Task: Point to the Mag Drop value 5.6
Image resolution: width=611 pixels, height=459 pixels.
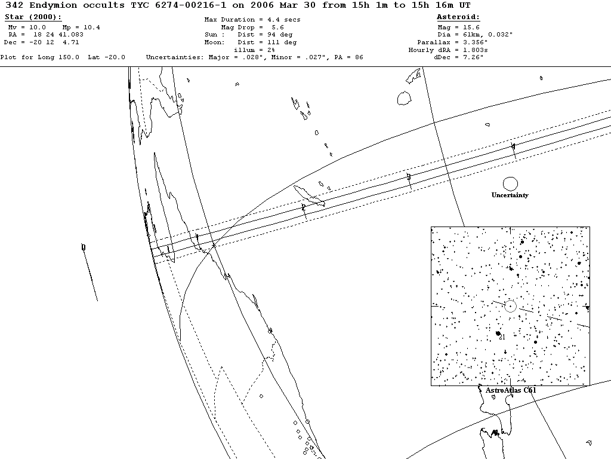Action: point(277,27)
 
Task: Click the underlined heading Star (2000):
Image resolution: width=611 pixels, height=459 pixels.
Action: point(33,17)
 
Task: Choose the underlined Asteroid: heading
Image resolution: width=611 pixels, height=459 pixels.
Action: point(458,17)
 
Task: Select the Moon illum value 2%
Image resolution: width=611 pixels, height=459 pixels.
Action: point(270,50)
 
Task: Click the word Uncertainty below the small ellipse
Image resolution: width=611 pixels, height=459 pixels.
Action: point(510,195)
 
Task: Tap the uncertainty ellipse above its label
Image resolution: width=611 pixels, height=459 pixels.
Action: point(510,184)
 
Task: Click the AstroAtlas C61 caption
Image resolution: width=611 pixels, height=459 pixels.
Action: point(511,390)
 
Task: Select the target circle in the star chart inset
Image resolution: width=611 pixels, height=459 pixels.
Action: point(510,306)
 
